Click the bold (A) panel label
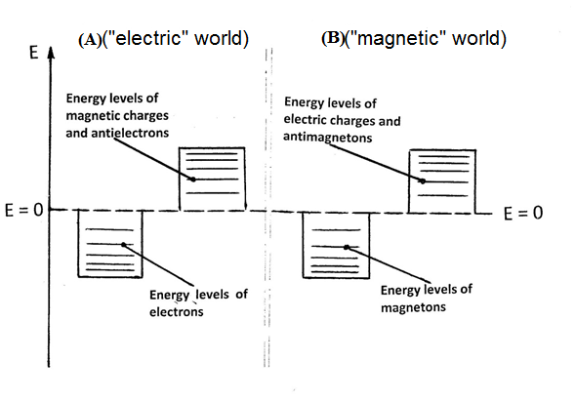pyautogui.click(x=90, y=40)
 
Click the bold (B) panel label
pyautogui.click(x=333, y=38)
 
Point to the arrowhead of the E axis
pyautogui.click(x=52, y=53)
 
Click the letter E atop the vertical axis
pyautogui.click(x=34, y=53)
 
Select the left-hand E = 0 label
pyautogui.click(x=23, y=210)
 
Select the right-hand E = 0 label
pyautogui.click(x=523, y=213)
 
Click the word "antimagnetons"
pyautogui.click(x=327, y=137)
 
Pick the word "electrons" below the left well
pyautogui.click(x=176, y=311)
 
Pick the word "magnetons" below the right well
pyautogui.click(x=413, y=307)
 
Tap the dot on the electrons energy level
pyautogui.click(x=124, y=245)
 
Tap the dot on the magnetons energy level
pyautogui.click(x=347, y=248)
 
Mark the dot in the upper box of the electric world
pyautogui.click(x=193, y=180)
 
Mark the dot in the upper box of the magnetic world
pyautogui.click(x=423, y=181)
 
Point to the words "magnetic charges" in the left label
pyautogui.click(x=117, y=115)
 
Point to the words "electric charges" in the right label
pyautogui.click(x=342, y=120)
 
